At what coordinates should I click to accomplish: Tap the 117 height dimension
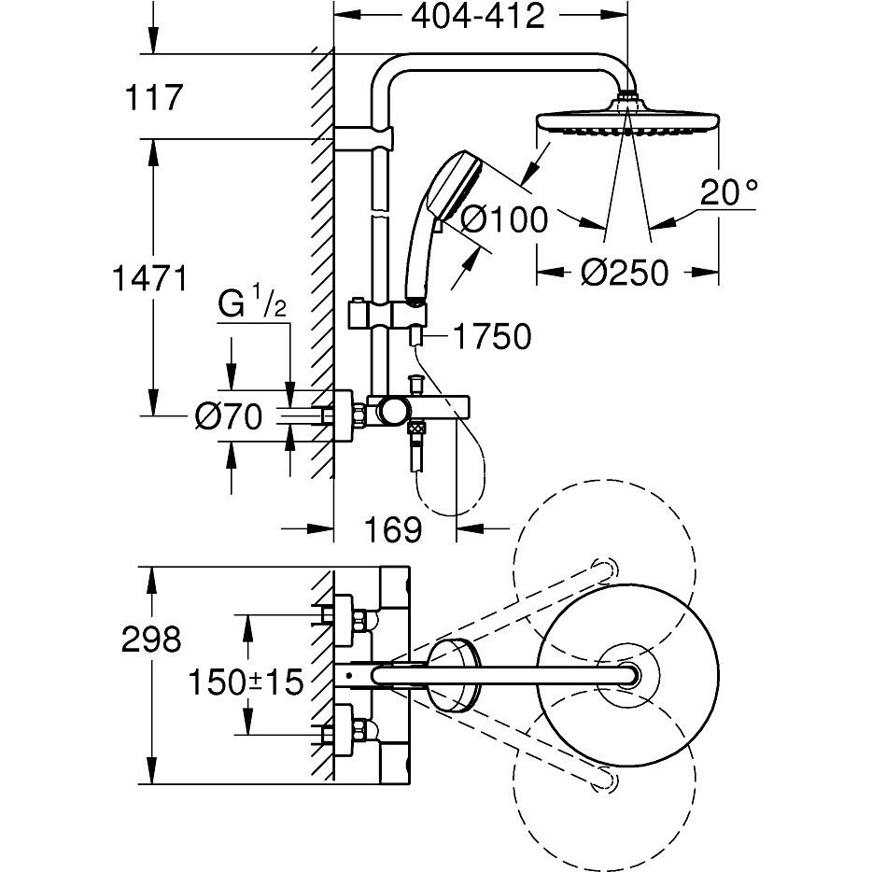[x=154, y=97]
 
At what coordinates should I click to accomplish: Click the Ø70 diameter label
[x=229, y=416]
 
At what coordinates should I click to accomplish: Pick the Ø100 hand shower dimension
[x=504, y=220]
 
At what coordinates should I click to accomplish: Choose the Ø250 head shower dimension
[x=625, y=273]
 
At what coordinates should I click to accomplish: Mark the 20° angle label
[x=727, y=194]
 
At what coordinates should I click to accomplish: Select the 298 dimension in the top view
[x=150, y=640]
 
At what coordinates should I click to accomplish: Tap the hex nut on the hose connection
[x=415, y=429]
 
